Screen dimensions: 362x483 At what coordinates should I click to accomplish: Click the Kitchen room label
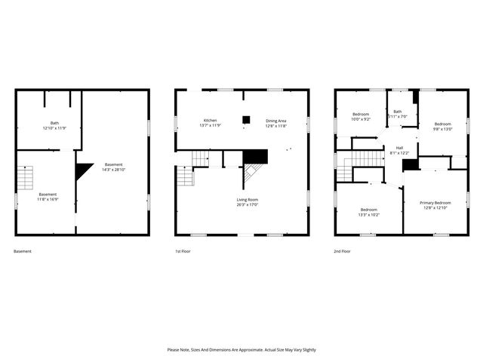pos(211,121)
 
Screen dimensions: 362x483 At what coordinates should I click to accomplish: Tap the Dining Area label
pos(275,121)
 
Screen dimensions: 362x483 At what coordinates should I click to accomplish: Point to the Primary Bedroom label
pos(436,202)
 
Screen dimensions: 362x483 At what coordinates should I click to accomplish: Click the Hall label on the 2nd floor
pos(399,148)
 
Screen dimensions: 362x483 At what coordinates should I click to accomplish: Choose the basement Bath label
pos(54,123)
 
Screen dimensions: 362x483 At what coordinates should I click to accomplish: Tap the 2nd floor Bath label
pos(398,112)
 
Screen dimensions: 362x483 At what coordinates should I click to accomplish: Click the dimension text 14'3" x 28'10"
pos(113,170)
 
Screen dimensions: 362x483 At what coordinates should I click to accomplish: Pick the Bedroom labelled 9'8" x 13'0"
pos(442,124)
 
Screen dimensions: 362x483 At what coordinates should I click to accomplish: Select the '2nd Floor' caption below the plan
pos(343,251)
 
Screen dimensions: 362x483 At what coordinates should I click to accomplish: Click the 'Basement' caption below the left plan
pos(23,251)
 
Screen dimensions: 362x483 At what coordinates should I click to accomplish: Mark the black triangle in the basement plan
pos(81,171)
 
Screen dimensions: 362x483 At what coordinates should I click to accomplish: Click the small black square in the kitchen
pos(246,119)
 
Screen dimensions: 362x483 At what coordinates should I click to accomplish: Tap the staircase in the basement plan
pos(26,178)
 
